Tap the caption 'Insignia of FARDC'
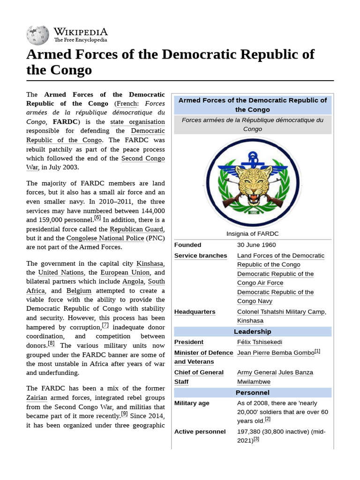point(252,233)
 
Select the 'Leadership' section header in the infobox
point(252,331)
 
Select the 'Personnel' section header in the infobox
point(252,392)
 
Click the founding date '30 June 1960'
point(256,245)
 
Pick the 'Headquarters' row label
point(195,312)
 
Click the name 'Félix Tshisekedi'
point(260,342)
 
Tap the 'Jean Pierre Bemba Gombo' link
point(275,352)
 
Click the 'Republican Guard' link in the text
point(136,229)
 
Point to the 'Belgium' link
point(79,291)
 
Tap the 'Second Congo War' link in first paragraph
point(142,158)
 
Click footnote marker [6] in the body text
point(97,218)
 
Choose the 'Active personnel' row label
point(200,431)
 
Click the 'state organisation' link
point(137,122)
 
